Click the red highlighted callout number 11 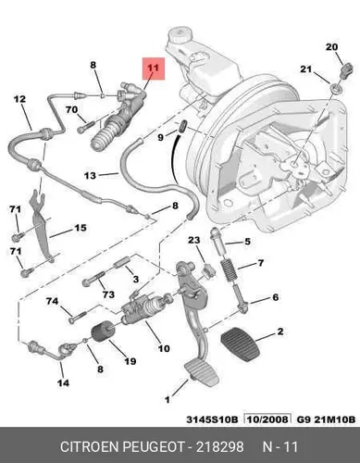point(154,69)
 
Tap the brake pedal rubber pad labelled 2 point(241,344)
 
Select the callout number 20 point(331,47)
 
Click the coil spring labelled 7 point(230,269)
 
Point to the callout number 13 point(90,176)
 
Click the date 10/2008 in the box point(267,419)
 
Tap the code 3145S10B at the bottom point(212,419)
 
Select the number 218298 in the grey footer point(220,447)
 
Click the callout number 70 point(72,109)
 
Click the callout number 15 point(80,228)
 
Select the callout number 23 point(194,240)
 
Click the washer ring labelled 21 point(335,89)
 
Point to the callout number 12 point(19,99)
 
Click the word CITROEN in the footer point(90,447)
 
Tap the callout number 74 point(52,301)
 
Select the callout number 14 point(63,382)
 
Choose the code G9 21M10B point(326,419)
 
